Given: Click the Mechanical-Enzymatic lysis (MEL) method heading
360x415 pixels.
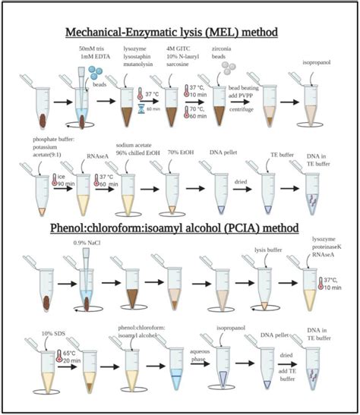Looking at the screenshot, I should (179, 33).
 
